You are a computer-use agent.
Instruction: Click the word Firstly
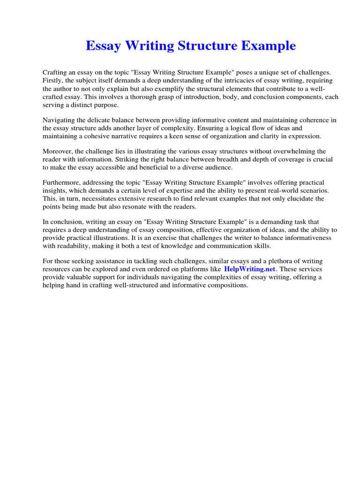tap(53, 80)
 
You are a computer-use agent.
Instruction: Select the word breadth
tap(225, 159)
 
